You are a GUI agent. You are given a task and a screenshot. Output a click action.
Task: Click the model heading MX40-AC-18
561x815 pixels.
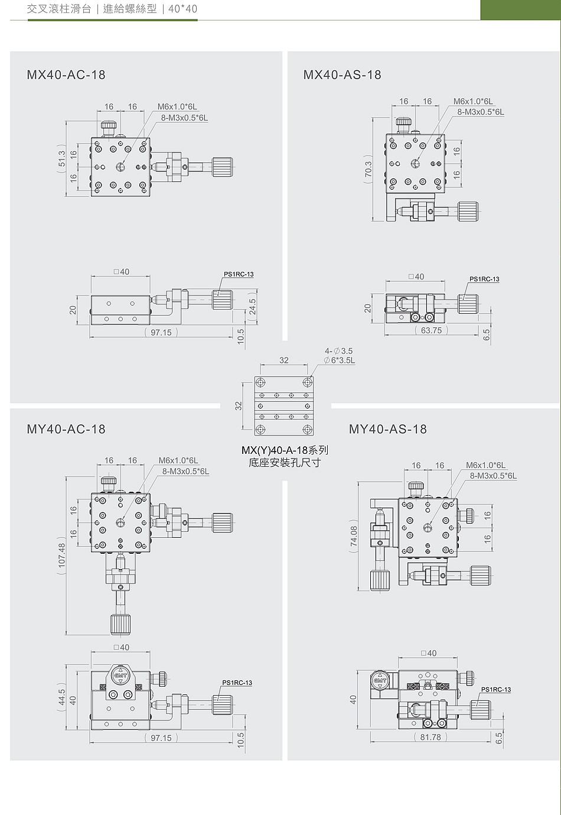pos(66,74)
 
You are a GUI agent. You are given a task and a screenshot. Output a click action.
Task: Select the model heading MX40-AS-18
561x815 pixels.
pos(342,74)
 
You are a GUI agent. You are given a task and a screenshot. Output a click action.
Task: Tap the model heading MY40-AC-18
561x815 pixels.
pos(66,429)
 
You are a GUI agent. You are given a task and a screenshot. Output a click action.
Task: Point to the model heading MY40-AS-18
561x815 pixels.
pos(387,429)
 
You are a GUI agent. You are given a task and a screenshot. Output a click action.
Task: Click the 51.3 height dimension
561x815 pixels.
pos(61,159)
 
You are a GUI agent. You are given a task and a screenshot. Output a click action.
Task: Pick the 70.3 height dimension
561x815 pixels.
pos(368,169)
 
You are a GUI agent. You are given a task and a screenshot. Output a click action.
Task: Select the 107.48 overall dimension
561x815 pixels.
pos(61,555)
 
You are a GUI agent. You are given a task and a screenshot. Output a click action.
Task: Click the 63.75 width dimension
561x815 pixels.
pos(431,330)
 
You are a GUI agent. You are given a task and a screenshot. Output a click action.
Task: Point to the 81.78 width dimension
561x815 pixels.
pos(430,737)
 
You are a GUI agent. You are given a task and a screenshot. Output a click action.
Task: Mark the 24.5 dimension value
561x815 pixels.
pos(252,306)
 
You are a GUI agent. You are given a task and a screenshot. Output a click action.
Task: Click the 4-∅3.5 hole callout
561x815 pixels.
pos(338,351)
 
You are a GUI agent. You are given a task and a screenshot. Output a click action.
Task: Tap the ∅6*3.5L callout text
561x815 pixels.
pos(340,361)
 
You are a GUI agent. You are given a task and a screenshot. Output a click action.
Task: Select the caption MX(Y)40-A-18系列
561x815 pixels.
pos(285,450)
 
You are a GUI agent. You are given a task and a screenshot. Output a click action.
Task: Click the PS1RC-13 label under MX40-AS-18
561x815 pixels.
pos(484,279)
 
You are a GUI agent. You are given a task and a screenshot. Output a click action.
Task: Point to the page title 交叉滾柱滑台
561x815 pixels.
pos(59,9)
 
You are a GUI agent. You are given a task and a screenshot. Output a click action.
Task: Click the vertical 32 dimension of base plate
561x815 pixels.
pos(238,405)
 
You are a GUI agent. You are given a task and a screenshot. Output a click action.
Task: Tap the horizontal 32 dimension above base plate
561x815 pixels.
pos(284,360)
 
